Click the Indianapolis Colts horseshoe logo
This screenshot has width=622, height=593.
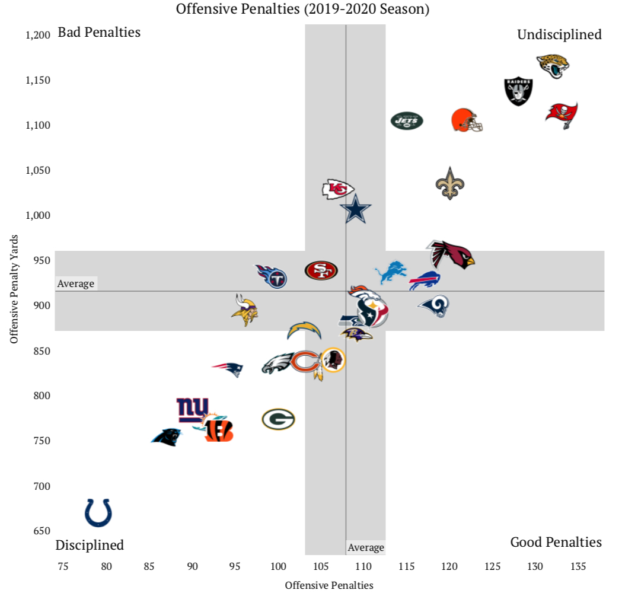[98, 512]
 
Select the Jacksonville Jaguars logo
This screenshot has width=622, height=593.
[553, 66]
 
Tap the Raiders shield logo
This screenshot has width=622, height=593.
[518, 91]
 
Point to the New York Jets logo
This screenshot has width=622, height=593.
[407, 121]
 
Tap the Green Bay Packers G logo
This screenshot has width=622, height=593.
[278, 419]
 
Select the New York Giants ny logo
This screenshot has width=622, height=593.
[193, 409]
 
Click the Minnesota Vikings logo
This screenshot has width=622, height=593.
[244, 310]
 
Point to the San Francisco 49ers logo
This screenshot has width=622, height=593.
[321, 270]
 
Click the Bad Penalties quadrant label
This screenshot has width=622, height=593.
[99, 33]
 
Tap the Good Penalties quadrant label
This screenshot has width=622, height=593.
[556, 542]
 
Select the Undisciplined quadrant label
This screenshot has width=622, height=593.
[559, 35]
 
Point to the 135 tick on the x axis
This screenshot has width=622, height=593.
[578, 566]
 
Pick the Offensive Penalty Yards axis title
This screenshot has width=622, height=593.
[14, 289]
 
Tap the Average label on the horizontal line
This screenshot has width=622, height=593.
[76, 283]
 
